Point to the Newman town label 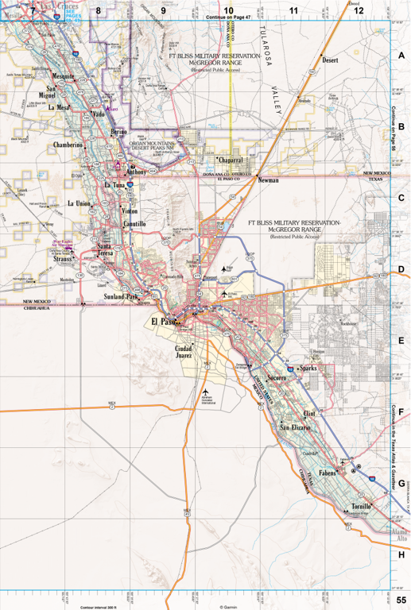[x=268, y=181]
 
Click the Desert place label [x=331, y=60]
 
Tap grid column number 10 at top [x=228, y=10]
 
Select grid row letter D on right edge [x=401, y=270]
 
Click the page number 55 [x=401, y=600]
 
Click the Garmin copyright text [x=228, y=607]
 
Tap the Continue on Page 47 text [x=227, y=17]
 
